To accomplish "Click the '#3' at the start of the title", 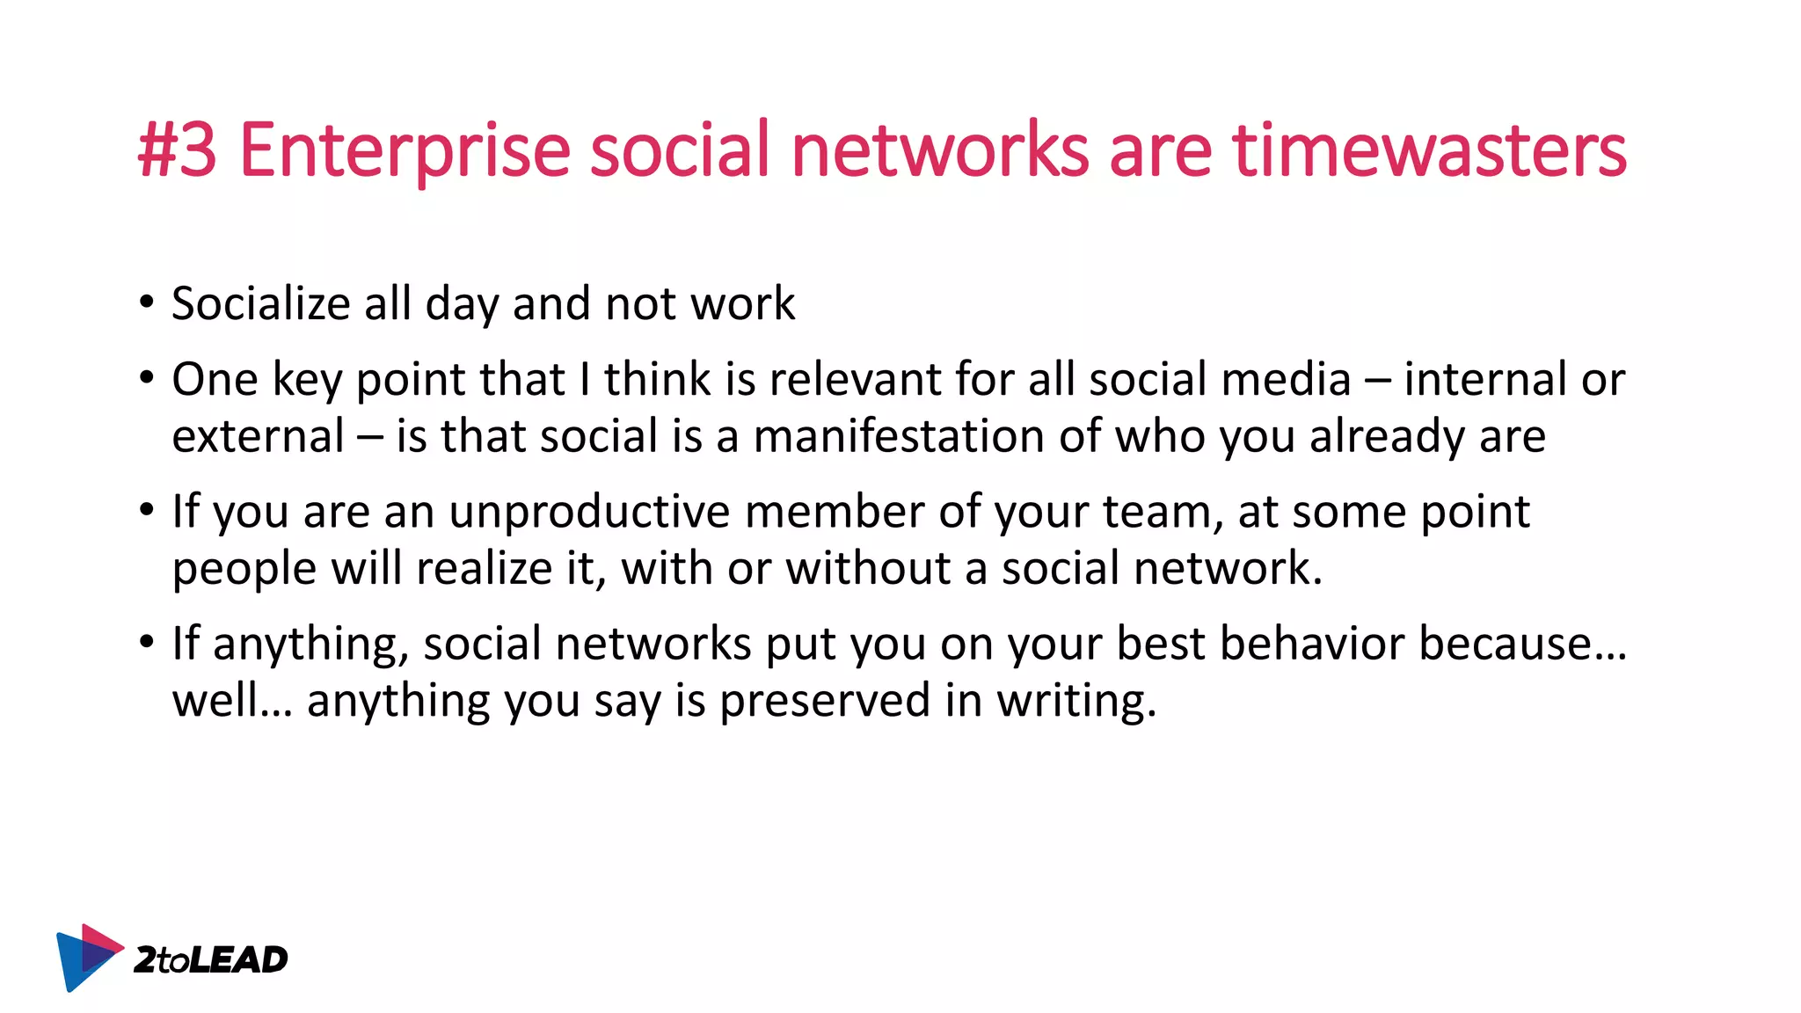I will [x=178, y=151].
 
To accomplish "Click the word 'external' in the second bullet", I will [x=258, y=436].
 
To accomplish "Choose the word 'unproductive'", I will [x=589, y=512].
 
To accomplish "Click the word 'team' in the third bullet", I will [x=1156, y=512].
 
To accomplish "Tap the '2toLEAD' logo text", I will [x=210, y=959].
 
